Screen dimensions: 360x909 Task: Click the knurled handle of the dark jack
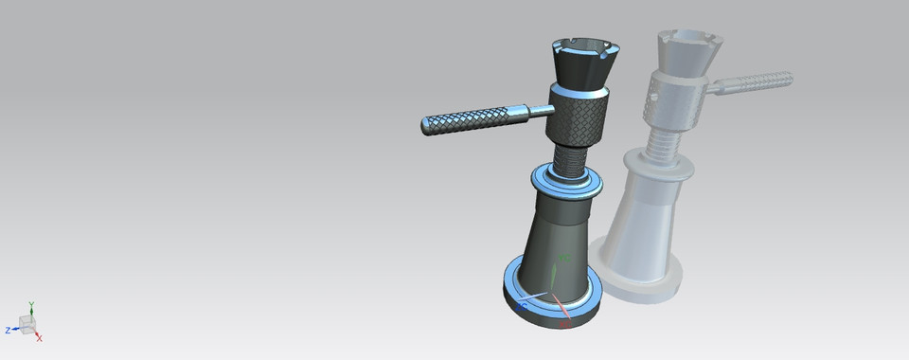(x=464, y=120)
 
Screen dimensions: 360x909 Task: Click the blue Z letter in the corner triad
(x=8, y=331)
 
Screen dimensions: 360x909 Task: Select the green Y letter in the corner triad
(x=31, y=305)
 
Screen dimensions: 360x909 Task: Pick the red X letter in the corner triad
(x=40, y=337)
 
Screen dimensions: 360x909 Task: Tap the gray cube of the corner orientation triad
(x=27, y=324)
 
